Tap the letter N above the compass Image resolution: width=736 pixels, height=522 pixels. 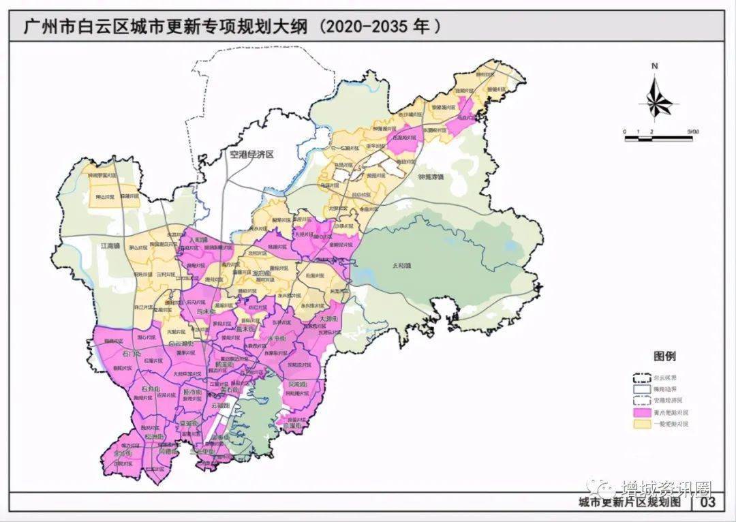coord(654,66)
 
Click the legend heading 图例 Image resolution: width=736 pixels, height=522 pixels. coord(664,356)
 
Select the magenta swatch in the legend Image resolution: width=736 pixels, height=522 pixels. coord(642,413)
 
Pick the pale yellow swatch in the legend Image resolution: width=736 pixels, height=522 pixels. coord(642,424)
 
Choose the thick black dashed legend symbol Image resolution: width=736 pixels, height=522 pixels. coord(642,378)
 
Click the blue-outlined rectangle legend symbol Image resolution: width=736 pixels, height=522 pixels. coord(642,389)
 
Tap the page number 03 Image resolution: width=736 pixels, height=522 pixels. coord(708,503)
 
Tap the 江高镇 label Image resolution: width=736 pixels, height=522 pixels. coord(110,245)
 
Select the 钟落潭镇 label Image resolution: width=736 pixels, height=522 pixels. coord(431,176)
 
